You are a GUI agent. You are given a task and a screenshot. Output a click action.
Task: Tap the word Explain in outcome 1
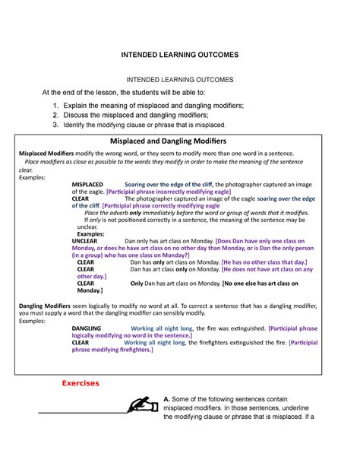[89, 103]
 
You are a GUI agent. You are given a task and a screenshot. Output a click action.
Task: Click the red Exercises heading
[81, 383]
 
